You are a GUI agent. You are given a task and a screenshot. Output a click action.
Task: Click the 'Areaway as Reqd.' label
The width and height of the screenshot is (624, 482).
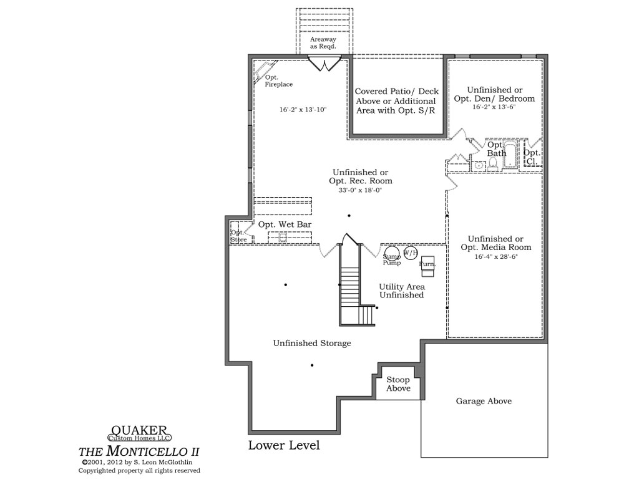[323, 42]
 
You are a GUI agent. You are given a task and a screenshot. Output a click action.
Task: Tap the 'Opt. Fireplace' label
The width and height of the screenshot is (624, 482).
[278, 80]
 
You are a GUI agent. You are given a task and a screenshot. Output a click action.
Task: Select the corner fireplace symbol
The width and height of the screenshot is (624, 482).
[264, 71]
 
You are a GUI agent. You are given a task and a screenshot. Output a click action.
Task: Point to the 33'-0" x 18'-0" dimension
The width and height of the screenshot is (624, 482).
[360, 191]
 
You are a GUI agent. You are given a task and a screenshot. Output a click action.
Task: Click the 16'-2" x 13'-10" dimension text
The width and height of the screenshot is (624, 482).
[303, 110]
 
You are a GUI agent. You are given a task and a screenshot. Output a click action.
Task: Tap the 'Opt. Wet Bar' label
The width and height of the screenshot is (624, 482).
[285, 224]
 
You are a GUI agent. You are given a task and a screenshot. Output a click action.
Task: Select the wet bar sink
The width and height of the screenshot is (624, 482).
[283, 238]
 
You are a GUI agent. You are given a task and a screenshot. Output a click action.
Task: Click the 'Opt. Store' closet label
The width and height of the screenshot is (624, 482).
[239, 236]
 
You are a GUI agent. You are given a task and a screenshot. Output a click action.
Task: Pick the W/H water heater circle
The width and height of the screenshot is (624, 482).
[411, 253]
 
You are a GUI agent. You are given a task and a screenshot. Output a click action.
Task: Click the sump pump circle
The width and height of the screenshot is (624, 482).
[392, 254]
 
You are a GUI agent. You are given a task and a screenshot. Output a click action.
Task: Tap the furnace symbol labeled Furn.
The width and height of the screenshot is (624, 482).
[427, 266]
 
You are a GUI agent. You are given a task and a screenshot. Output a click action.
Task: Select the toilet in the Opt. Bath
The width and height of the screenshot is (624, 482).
[493, 163]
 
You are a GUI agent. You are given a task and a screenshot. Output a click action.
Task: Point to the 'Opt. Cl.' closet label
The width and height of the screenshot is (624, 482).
[532, 157]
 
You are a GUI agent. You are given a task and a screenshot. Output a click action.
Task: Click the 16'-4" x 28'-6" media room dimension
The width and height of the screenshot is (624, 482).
[496, 257]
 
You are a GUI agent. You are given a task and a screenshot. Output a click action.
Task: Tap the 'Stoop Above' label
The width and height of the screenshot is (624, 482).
[398, 384]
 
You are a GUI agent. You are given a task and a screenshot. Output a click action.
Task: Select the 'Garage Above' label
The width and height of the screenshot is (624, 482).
[484, 402]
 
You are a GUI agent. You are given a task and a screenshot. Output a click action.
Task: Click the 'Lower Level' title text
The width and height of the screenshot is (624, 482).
[284, 445]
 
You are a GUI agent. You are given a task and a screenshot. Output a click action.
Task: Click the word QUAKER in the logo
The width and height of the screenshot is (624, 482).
[139, 430]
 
